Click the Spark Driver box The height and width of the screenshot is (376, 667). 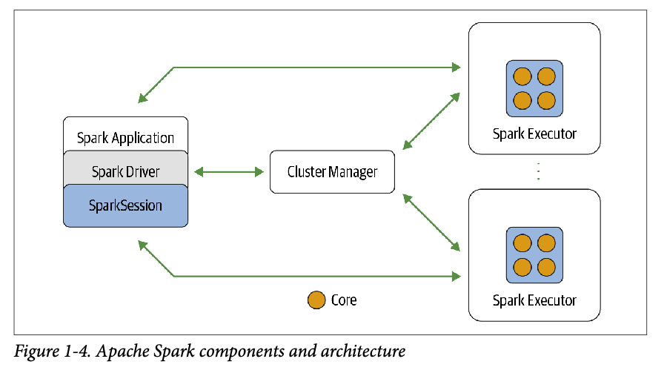(126, 172)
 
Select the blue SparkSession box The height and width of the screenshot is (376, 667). (126, 205)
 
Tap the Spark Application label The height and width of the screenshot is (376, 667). (126, 138)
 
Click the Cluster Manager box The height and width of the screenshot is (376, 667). (332, 172)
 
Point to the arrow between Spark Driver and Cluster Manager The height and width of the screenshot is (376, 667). (229, 172)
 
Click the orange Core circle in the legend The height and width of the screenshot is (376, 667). (316, 300)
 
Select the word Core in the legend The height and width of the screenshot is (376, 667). (344, 300)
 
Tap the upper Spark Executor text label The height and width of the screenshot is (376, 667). (534, 134)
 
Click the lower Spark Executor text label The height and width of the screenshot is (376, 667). (534, 300)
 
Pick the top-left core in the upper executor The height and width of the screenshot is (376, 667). (522, 76)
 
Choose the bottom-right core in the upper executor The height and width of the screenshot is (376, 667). (546, 100)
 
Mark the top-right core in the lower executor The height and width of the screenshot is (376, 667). (546, 243)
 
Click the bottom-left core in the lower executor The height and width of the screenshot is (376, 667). (522, 266)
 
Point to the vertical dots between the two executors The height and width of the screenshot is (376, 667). (538, 171)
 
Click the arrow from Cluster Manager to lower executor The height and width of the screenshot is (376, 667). (430, 222)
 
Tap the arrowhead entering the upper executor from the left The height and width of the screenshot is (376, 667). (456, 67)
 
